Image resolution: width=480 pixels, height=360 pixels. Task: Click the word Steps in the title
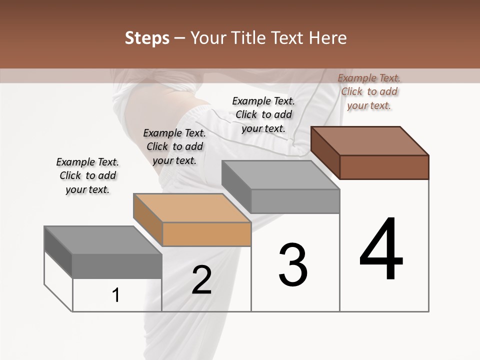tap(147, 38)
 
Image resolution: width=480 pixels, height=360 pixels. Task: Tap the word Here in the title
tap(328, 38)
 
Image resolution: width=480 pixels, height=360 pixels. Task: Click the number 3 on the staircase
tap(293, 265)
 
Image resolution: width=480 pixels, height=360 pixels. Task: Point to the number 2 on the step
tap(201, 280)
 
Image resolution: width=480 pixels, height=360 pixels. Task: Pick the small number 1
tap(116, 295)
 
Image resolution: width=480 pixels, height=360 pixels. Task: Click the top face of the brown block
tap(370, 141)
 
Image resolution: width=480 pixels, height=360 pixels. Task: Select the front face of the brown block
tap(384, 167)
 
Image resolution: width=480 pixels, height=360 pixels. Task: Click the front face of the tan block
tap(206, 234)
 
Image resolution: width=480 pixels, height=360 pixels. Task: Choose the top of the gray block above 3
tap(280, 175)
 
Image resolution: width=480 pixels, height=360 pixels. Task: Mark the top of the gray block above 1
tap(103, 240)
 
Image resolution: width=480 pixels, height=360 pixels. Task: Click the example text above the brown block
tap(369, 91)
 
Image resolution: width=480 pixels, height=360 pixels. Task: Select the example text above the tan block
tap(174, 146)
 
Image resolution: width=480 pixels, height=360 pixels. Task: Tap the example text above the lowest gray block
tap(87, 175)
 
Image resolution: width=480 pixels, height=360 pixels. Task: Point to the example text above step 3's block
tap(263, 114)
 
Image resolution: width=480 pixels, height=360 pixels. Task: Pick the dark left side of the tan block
tap(147, 219)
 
